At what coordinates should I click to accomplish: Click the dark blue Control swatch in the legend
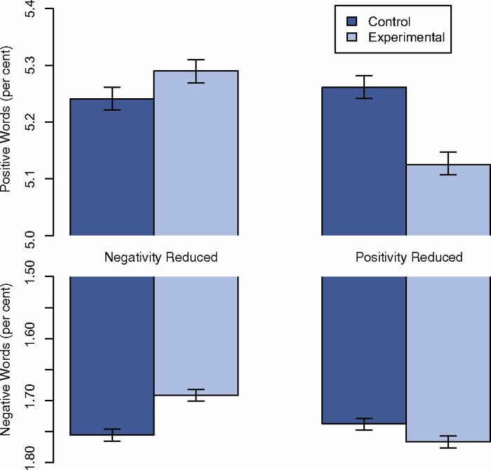point(353,22)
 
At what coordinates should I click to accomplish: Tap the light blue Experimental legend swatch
point(353,37)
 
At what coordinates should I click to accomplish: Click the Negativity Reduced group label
point(161,257)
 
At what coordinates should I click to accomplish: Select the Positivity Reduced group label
point(408,257)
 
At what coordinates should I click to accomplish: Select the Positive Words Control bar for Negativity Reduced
point(112,168)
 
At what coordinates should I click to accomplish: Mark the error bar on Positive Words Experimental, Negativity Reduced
point(196,71)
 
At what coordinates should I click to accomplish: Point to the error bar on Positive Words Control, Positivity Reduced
point(364,87)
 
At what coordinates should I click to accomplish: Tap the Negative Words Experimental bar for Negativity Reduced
point(196,337)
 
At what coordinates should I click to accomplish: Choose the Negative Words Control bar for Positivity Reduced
point(364,351)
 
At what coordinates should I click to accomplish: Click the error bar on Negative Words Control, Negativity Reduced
point(112,435)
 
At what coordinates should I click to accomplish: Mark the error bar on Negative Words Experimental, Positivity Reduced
point(448,442)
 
